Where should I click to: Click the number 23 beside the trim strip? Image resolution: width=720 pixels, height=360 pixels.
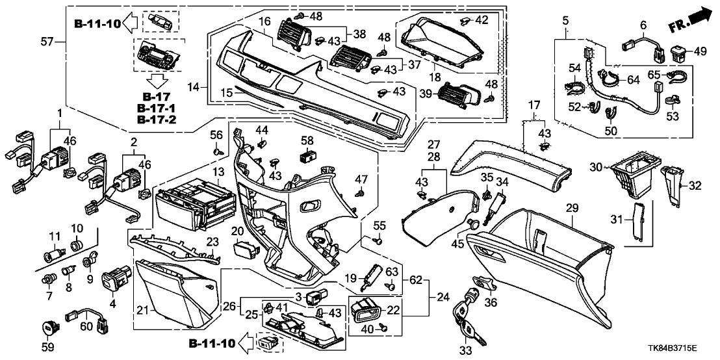pyautogui.click(x=212, y=241)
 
